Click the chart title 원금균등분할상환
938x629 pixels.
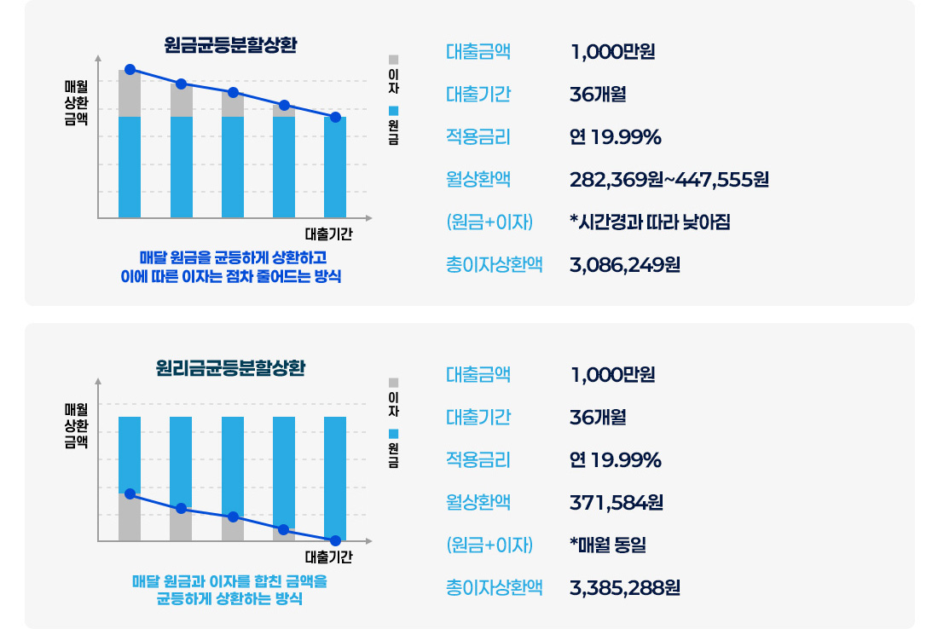click(230, 45)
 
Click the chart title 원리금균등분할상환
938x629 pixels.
click(230, 369)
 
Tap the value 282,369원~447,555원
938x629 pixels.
click(669, 180)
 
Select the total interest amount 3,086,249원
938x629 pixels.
click(624, 264)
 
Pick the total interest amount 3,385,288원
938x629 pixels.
click(624, 587)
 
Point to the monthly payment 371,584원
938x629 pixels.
click(616, 503)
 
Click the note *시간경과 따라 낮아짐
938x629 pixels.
click(650, 222)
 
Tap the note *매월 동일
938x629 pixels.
click(607, 545)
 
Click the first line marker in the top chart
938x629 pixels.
click(130, 69)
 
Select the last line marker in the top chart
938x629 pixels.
click(335, 117)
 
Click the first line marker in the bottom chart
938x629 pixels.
click(130, 493)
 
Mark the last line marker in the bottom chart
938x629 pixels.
click(335, 540)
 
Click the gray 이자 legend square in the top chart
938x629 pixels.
click(393, 60)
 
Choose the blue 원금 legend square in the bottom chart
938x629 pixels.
click(393, 433)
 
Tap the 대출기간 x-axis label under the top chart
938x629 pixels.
click(328, 234)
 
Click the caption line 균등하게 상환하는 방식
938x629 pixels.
click(229, 599)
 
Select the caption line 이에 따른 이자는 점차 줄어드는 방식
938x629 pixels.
click(231, 276)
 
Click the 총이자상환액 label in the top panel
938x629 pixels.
click(494, 264)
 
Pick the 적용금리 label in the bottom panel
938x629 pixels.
click(478, 460)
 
